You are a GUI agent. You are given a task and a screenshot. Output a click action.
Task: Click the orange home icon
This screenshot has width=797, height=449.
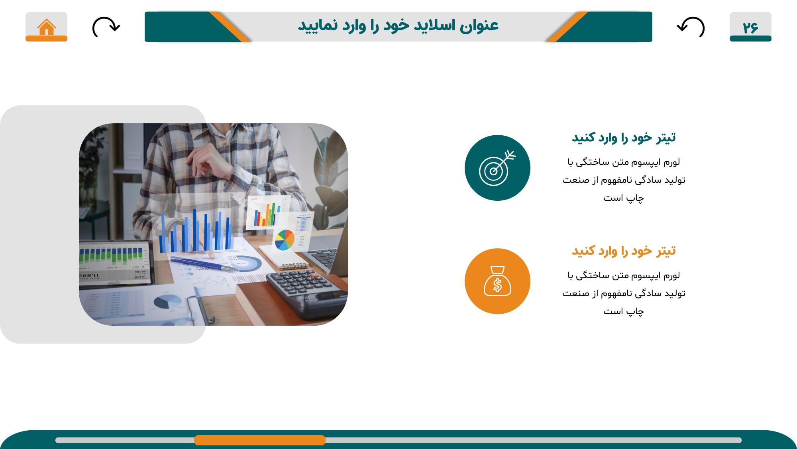pos(46,27)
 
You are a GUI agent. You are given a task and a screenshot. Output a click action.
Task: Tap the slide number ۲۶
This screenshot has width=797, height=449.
pos(750,28)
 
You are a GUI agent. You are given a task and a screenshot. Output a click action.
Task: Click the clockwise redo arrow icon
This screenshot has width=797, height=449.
pos(106,27)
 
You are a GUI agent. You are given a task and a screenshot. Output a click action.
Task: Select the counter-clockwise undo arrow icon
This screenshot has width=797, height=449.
pos(691,27)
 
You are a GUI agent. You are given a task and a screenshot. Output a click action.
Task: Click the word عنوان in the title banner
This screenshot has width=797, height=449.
pos(479,26)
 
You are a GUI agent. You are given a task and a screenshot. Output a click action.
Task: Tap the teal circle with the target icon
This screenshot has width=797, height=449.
pos(497,168)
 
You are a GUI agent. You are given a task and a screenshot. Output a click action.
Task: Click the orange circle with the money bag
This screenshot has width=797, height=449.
pos(497,281)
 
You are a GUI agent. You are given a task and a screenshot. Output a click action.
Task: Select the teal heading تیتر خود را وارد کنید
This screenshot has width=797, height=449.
pos(624,138)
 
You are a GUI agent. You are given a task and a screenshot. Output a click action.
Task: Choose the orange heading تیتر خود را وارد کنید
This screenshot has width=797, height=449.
pos(624,251)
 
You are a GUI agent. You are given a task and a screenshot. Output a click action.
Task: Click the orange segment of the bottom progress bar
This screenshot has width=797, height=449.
pos(260,440)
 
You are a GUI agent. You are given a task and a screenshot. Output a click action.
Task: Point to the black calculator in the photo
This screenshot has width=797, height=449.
pos(307,293)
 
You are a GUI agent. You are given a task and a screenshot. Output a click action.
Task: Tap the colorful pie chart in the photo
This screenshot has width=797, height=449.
pos(285,239)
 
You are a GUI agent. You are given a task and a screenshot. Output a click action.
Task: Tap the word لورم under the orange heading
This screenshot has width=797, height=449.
pos(671,275)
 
